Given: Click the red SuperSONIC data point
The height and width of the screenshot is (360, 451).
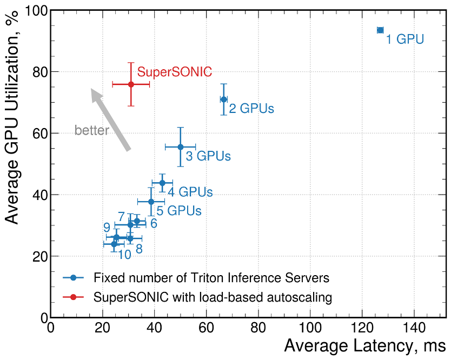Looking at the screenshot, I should tap(131, 84).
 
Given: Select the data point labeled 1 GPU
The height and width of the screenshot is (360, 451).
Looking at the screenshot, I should tap(380, 30).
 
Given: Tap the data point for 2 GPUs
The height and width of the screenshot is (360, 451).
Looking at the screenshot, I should tap(224, 99).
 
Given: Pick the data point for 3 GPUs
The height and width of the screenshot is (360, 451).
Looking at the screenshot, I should tap(181, 147).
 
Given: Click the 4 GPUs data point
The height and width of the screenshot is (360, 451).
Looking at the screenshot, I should tap(162, 183).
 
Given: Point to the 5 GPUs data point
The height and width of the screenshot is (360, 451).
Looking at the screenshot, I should tap(151, 202).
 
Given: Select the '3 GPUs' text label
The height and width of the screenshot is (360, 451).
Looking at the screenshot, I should tap(208, 156).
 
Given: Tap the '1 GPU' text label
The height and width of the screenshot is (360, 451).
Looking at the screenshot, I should tap(404, 39).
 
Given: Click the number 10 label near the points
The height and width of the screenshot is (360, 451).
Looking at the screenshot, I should tap(124, 255).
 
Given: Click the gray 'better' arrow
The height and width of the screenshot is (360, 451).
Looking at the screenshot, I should tap(110, 119).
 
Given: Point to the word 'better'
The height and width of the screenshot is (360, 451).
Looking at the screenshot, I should tap(91, 130).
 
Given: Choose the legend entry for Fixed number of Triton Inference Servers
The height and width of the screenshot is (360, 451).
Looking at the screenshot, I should tap(211, 278).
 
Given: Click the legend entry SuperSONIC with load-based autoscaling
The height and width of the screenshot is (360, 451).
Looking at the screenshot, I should tap(212, 297).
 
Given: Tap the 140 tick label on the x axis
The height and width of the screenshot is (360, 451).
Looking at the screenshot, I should tap(414, 329).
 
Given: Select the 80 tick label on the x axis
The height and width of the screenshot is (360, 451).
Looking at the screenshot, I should tap(258, 329).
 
